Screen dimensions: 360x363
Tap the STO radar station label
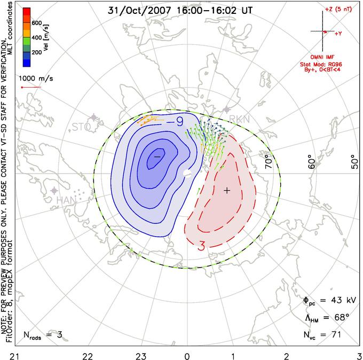[x=81, y=127]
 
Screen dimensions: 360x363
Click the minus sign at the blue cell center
[x=157, y=156]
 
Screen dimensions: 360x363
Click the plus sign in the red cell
[x=227, y=190]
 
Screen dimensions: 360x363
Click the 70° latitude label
[x=268, y=159]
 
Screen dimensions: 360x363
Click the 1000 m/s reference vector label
[x=34, y=77]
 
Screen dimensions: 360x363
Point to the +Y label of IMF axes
[x=338, y=34]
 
